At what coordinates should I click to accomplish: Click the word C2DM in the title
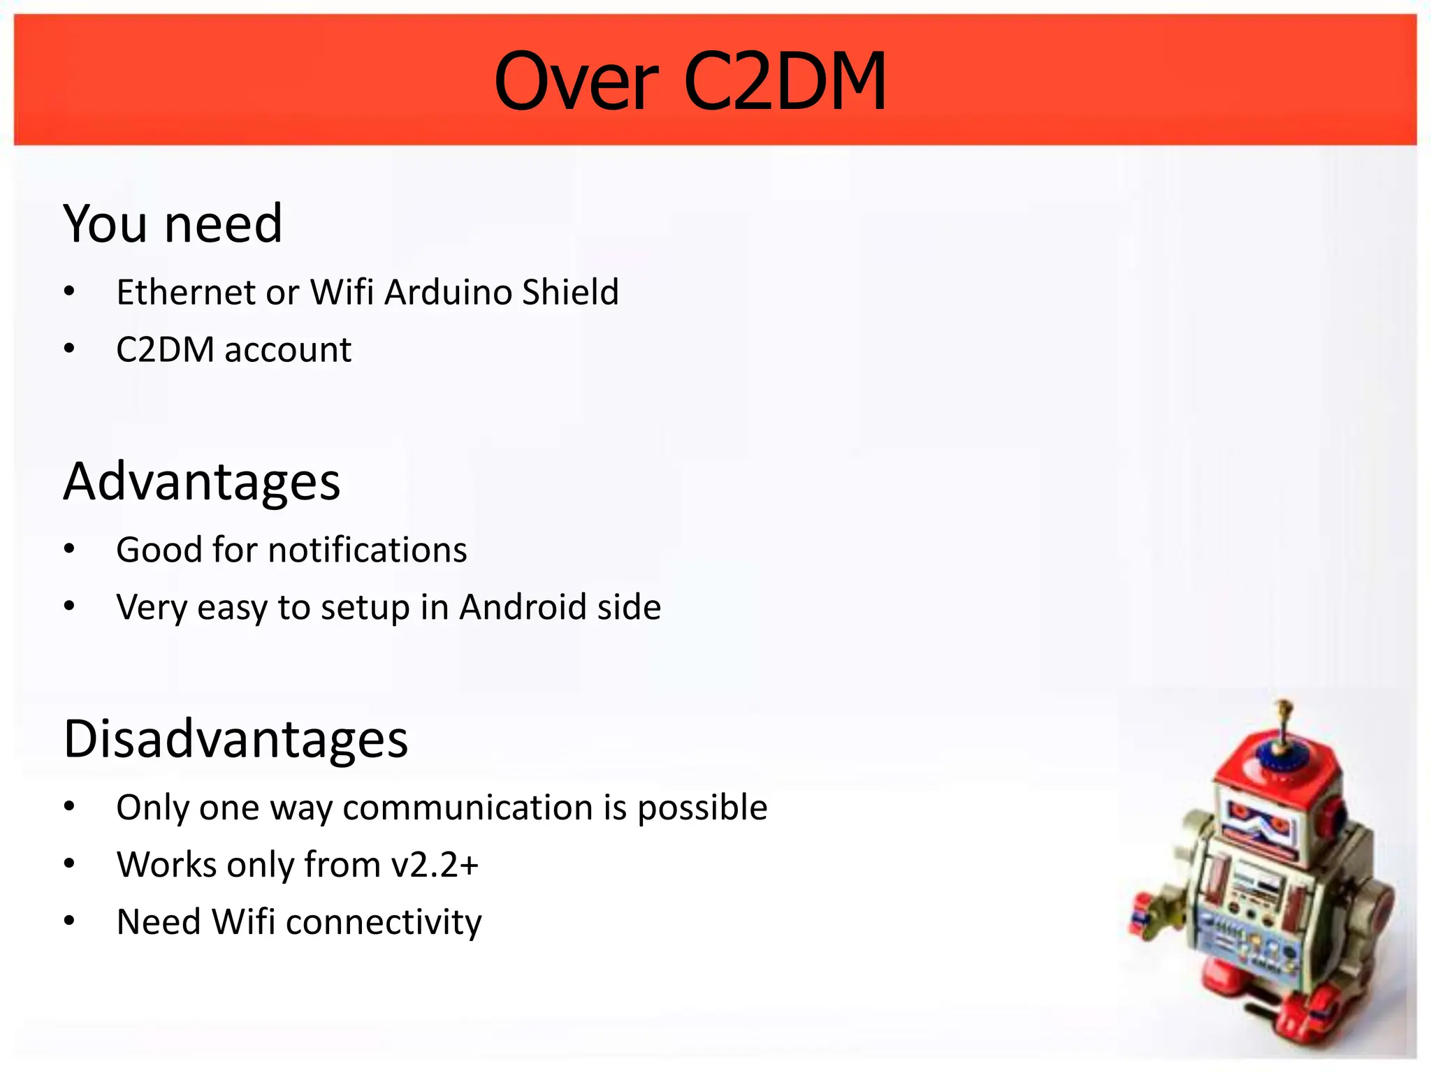(785, 82)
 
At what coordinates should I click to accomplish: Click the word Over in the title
(576, 82)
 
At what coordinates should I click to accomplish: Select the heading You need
(173, 224)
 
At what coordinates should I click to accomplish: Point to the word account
(288, 349)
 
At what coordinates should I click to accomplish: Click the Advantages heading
(202, 481)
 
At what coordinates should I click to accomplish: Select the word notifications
(368, 550)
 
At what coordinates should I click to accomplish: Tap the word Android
(514, 606)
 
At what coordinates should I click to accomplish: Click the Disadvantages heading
(235, 739)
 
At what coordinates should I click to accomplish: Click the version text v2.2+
(435, 865)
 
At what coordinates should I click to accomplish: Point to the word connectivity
(384, 922)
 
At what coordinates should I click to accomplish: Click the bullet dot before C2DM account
(68, 348)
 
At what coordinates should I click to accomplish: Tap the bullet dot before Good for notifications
(68, 549)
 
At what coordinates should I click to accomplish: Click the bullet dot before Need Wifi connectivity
(68, 921)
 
